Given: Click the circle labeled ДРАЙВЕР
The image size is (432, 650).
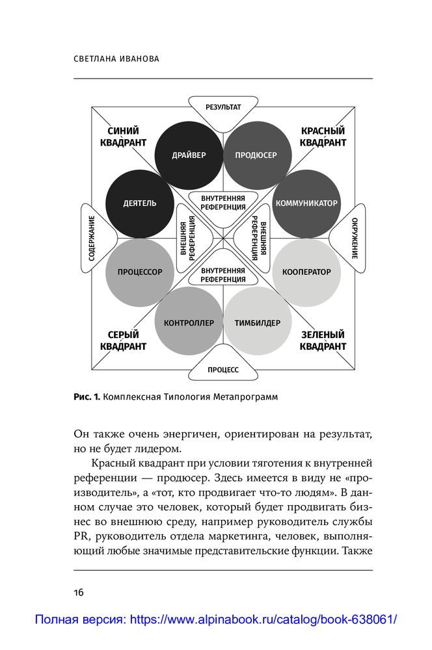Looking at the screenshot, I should pos(189,155).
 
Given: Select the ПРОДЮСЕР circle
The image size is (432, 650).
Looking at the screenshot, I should pos(256,155).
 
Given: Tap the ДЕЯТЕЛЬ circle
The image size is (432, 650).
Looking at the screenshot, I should pos(139,203).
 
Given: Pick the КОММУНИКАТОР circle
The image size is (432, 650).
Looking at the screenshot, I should pos(306,203).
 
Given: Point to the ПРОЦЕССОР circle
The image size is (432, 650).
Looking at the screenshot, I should pos(139,272).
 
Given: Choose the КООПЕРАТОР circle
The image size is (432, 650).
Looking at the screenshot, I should pos(306,272).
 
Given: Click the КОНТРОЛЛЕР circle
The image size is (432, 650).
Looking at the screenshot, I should pos(189,322).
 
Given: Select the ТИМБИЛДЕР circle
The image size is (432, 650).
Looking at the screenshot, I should pos(257,322).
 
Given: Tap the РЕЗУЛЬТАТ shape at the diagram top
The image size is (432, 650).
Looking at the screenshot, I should pos(223,107).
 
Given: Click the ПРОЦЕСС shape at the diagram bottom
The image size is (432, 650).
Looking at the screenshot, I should pos(223,369).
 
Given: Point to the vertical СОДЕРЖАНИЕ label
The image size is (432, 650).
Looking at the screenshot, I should pos(92,238).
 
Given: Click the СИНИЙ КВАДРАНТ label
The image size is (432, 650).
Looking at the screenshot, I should pos(123,136).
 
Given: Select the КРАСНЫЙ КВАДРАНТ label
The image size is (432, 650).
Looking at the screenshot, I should pos(323,136).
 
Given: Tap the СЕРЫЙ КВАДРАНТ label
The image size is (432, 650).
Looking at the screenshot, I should pos(123,341).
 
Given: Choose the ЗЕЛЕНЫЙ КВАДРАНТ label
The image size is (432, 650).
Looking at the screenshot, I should pos(323,341).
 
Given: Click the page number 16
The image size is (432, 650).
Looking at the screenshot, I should pos(78,592).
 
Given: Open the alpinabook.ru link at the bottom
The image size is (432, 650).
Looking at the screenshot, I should pos(215,619).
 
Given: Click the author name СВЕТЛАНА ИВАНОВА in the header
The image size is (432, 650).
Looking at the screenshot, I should pos(117,59).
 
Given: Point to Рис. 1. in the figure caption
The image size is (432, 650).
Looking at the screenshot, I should pos(87,398).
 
